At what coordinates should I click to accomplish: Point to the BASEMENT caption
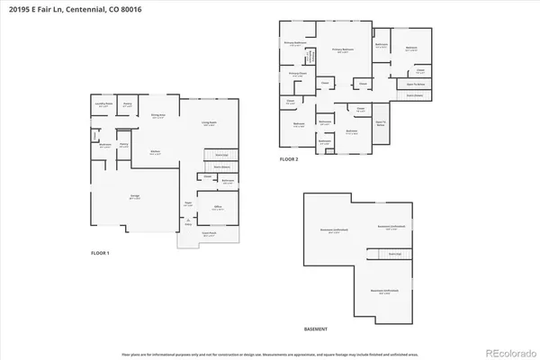[x=315, y=328]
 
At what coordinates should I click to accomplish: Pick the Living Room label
[x=209, y=124]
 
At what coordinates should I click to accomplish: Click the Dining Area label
[x=157, y=116]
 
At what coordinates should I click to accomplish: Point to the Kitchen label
[x=155, y=152]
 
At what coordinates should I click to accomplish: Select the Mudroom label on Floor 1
[x=105, y=144]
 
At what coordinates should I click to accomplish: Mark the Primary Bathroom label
[x=296, y=42]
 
